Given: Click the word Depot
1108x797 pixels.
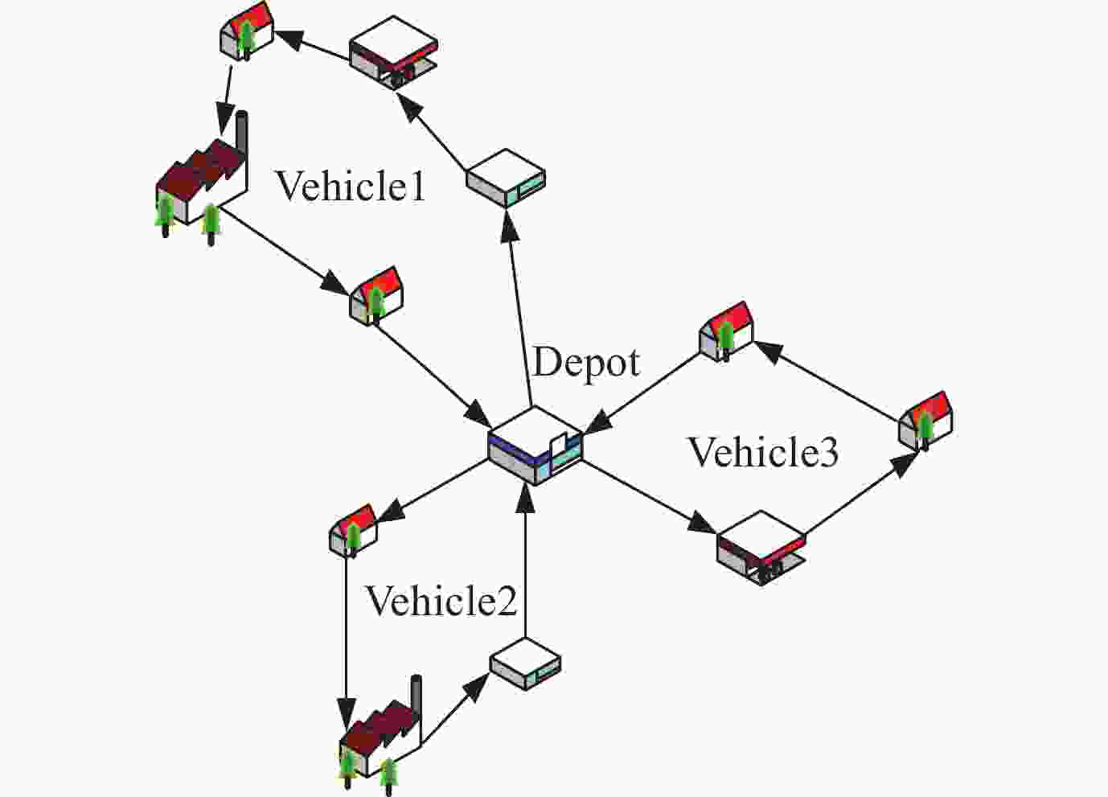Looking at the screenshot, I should point(586,363).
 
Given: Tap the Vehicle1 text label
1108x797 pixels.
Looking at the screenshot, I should point(351,187).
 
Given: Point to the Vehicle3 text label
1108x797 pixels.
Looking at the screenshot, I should point(763,452).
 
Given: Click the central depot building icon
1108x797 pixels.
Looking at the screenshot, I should point(535,445).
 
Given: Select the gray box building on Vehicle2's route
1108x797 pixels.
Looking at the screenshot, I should point(525,664).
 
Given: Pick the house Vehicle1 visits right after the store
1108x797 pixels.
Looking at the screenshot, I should point(246,31).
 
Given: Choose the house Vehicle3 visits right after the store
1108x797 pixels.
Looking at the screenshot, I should point(925,419).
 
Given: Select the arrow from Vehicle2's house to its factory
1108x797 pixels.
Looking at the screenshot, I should point(346,635).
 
